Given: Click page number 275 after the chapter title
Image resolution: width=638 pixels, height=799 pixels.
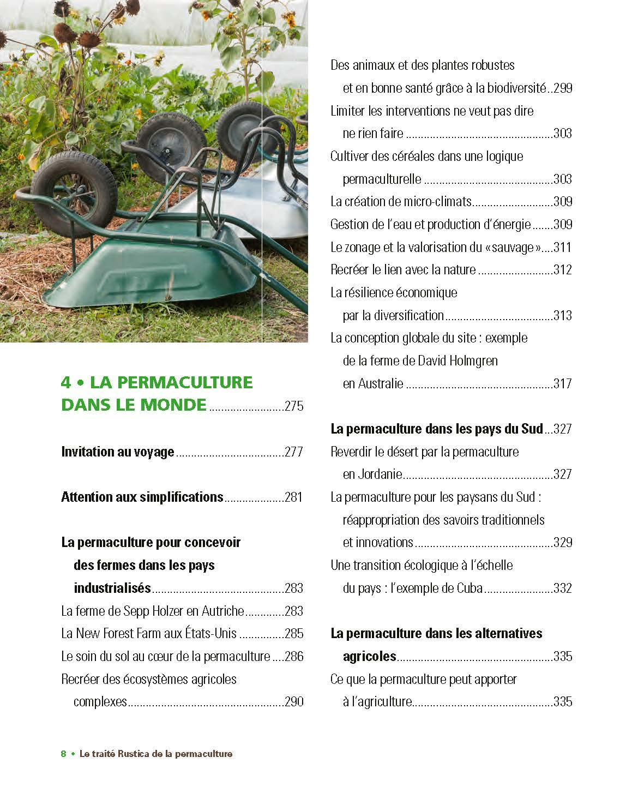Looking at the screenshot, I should (x=294, y=406).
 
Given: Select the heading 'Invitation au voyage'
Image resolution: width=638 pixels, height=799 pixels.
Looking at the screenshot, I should (x=118, y=452).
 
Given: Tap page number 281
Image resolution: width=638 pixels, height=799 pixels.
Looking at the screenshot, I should (x=294, y=497).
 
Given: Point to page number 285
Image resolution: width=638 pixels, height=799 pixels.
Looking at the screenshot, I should (x=294, y=634).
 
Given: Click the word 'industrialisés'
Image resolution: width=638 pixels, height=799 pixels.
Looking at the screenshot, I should (x=112, y=588).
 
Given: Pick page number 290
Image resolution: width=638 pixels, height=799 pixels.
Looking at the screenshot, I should (x=294, y=702).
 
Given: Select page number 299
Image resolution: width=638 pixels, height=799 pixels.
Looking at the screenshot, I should (x=563, y=88).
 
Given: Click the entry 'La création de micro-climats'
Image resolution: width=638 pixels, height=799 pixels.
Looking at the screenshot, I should (x=401, y=202).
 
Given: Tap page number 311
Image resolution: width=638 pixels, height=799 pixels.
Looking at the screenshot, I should (x=563, y=248).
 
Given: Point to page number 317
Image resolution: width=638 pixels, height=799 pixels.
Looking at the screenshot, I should (x=563, y=384).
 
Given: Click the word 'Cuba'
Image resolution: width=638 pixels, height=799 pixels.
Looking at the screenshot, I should (x=470, y=588).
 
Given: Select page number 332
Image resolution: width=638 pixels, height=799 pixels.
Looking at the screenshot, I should (x=563, y=588).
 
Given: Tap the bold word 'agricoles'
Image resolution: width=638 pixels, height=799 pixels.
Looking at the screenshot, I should (x=370, y=657).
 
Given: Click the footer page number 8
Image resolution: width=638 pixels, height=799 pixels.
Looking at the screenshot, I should (x=64, y=754).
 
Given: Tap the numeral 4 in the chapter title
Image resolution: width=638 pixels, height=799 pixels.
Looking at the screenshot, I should (x=66, y=382).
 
